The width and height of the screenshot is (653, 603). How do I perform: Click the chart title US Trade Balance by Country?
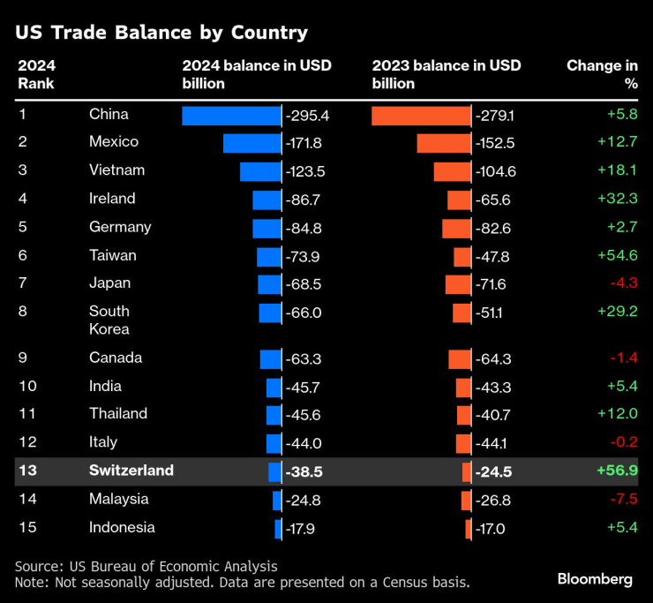[x=161, y=33]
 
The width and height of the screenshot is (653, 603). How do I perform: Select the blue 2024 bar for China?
[x=231, y=116]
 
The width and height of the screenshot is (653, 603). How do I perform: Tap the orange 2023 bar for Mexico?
[x=444, y=143]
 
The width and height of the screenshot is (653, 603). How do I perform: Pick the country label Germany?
[x=120, y=227]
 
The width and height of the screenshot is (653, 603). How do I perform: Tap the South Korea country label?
[x=109, y=320]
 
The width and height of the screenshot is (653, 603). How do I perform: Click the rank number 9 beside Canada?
[x=22, y=358]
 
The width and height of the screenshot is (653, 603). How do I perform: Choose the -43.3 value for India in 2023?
[x=493, y=387]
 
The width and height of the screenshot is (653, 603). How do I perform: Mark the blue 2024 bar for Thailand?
[x=274, y=415]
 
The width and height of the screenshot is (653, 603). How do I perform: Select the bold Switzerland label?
[x=131, y=471]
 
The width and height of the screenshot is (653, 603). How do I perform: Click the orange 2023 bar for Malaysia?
[x=466, y=501]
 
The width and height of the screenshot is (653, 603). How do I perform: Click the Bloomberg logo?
[x=595, y=579]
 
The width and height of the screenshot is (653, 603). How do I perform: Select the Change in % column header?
[x=602, y=74]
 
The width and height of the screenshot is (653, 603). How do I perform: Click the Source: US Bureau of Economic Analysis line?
[x=146, y=566]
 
